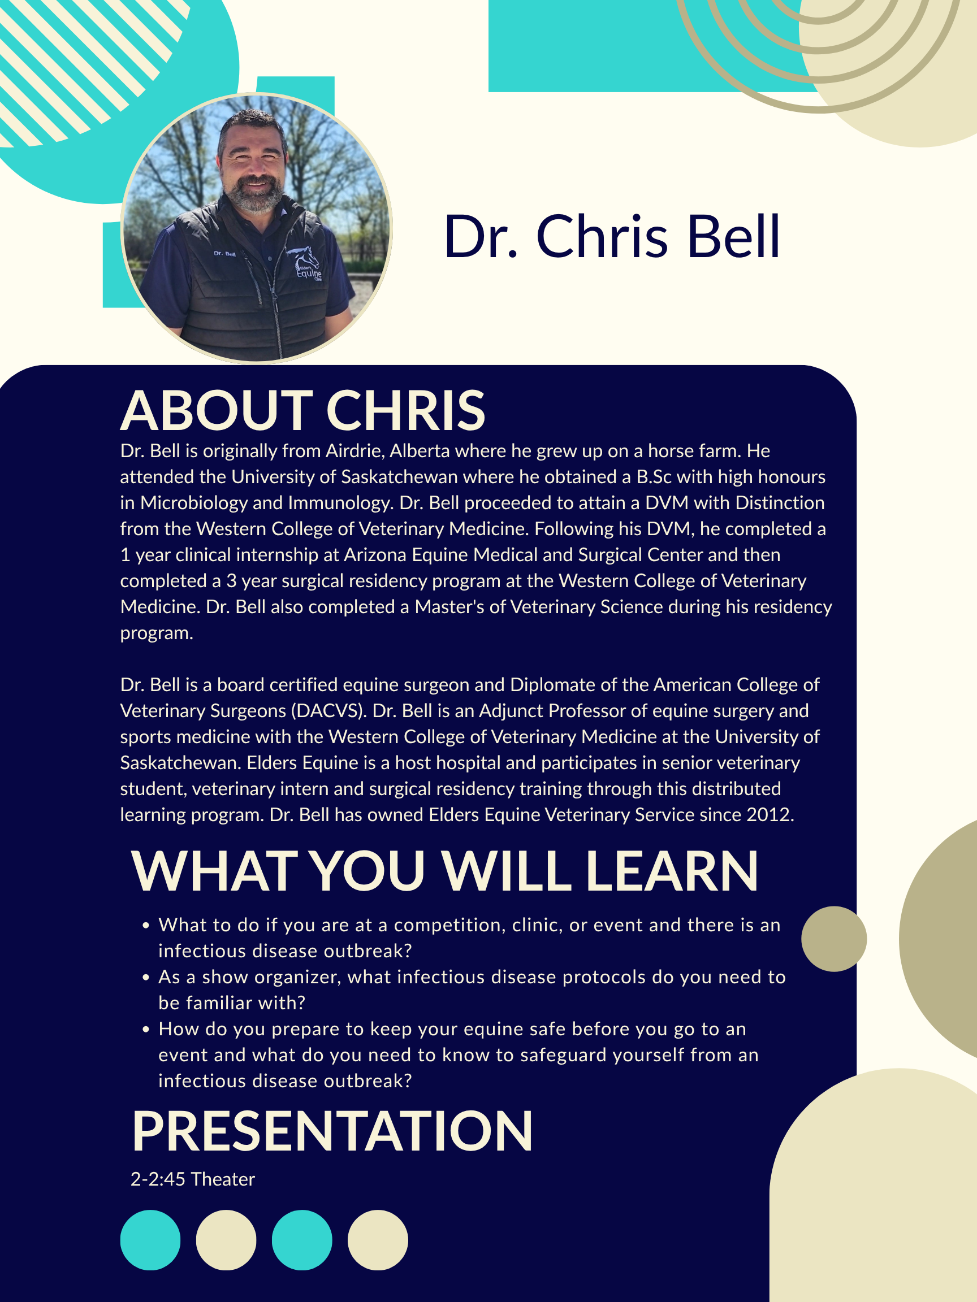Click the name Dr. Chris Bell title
[612, 237]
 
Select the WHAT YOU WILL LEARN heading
[444, 871]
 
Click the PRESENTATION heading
[332, 1131]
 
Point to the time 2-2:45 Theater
[193, 1179]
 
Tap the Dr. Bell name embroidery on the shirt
[224, 254]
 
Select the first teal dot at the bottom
[150, 1240]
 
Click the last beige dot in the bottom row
[378, 1240]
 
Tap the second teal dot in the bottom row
[302, 1240]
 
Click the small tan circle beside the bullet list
[834, 939]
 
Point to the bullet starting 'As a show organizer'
[465, 990]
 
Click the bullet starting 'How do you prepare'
[451, 1055]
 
